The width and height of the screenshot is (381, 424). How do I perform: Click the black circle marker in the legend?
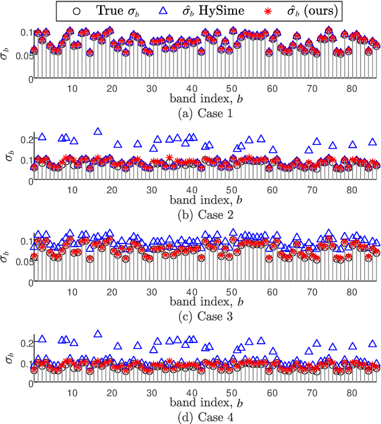tap(74, 10)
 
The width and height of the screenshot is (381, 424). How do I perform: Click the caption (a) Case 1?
tap(192, 113)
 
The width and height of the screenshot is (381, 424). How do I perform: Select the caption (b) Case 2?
tap(192, 214)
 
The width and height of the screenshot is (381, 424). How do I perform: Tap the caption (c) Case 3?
tap(192, 316)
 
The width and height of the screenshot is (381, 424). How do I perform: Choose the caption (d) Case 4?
tap(192, 417)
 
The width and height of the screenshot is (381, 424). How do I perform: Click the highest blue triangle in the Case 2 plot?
tap(98, 131)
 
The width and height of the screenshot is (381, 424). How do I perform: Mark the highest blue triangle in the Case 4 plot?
tap(98, 333)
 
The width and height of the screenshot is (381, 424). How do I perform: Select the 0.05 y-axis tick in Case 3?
tap(22, 261)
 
